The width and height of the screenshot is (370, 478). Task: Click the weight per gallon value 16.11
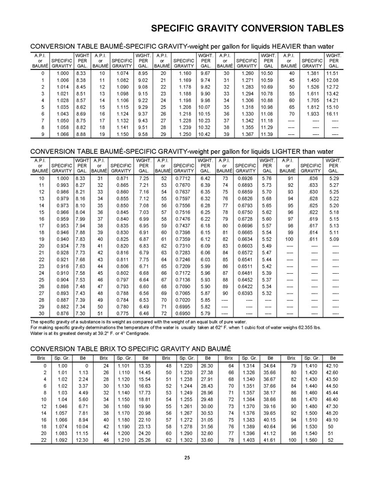[332, 114]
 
